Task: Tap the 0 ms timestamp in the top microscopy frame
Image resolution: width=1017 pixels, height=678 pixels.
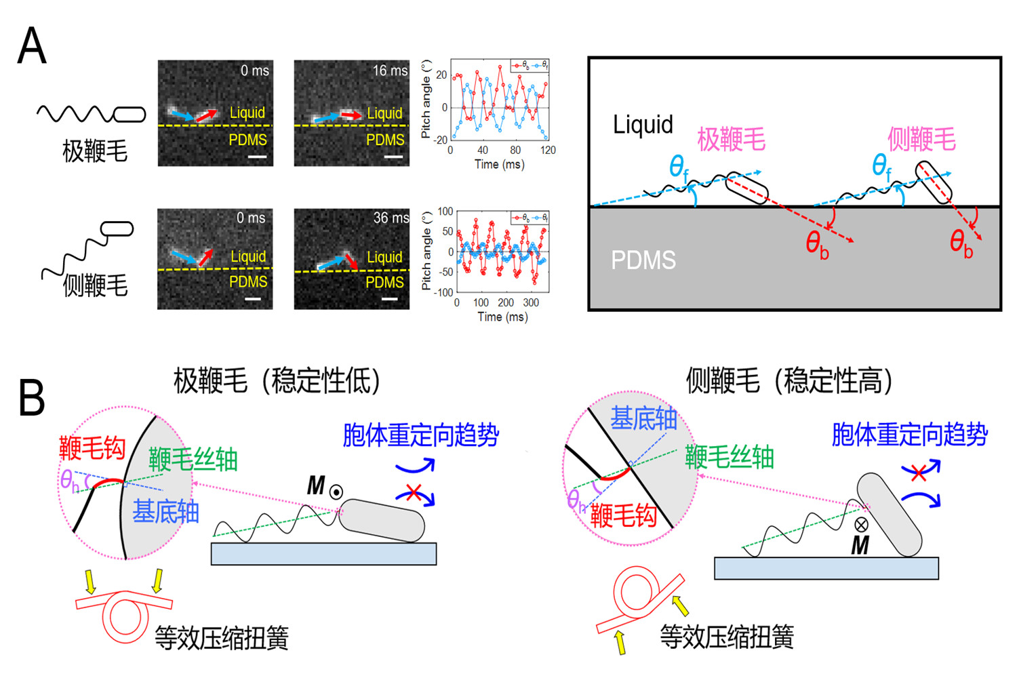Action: pos(255,71)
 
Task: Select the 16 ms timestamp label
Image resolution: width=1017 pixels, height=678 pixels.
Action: pos(390,71)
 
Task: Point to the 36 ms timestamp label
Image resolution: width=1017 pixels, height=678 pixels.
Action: pos(391,218)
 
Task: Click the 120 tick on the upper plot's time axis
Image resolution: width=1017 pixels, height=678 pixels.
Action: pos(548,151)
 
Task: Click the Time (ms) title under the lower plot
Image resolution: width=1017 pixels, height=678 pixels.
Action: pos(502,317)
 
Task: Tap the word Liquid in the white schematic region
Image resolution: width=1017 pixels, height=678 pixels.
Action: pos(643,125)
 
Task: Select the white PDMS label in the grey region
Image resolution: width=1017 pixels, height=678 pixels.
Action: pos(643,260)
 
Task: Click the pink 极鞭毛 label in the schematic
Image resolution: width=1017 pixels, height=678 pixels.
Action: pos(731,140)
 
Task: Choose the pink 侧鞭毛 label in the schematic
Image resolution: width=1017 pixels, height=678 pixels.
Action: pos(921,139)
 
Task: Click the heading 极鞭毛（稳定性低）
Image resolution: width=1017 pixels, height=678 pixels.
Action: pos(277,380)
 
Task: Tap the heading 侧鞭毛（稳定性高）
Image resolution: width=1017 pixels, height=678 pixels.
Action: pos(789,380)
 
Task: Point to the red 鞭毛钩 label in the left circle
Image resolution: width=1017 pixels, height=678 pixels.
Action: pos(92,448)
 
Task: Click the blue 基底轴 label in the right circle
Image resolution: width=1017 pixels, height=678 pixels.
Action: pos(643,419)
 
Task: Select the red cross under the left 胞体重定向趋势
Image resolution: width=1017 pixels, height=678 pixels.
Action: pos(413,492)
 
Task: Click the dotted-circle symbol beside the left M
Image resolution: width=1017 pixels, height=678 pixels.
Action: pos(336,492)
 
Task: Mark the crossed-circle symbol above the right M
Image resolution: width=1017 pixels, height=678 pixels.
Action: pos(861,524)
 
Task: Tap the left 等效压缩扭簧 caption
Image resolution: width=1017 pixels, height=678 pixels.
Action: pos(221,637)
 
